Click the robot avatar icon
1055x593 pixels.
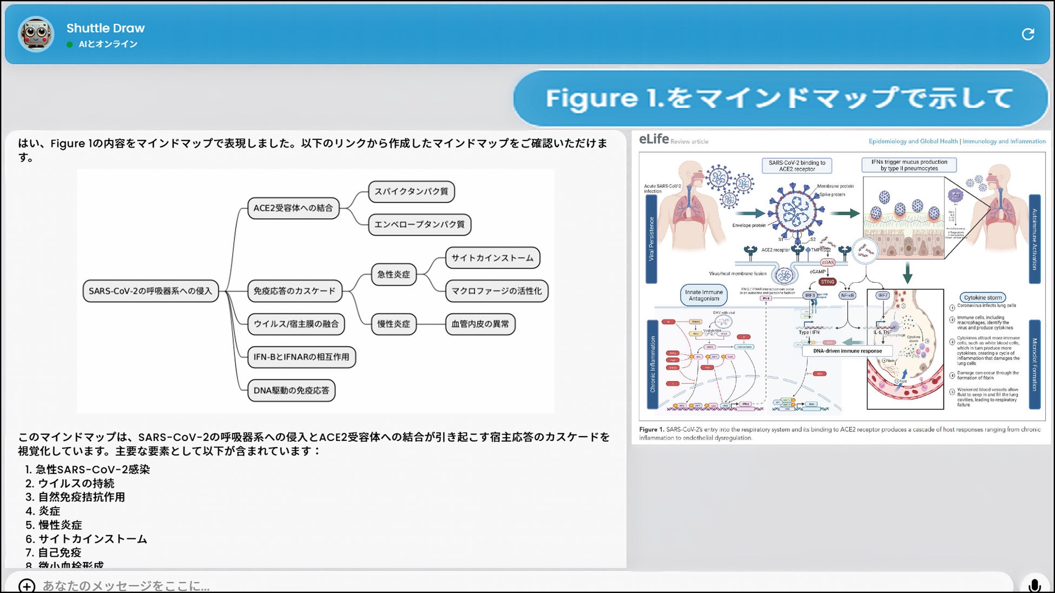(x=36, y=34)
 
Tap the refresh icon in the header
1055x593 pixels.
(x=1027, y=35)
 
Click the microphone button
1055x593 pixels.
(x=1034, y=585)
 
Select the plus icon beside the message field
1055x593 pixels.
(x=27, y=585)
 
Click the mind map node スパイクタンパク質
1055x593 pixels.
(x=411, y=191)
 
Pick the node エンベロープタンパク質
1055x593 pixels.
(x=419, y=224)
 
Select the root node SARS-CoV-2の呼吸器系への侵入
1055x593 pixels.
(x=150, y=291)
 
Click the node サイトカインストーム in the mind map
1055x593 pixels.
(x=492, y=258)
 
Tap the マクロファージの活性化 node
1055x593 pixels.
(x=496, y=291)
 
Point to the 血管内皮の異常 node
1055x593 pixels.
(x=480, y=324)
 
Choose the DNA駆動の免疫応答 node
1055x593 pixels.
(x=291, y=390)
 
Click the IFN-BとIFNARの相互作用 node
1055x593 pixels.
(x=301, y=357)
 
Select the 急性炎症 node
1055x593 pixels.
(x=393, y=275)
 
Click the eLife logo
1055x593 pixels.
(x=654, y=139)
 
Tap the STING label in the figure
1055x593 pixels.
(x=827, y=282)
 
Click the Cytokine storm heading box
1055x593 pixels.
(x=983, y=297)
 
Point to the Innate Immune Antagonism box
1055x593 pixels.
(x=703, y=295)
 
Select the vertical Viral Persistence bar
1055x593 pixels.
(x=651, y=238)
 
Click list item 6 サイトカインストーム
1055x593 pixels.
(x=93, y=539)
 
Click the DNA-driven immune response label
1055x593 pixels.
(x=847, y=351)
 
